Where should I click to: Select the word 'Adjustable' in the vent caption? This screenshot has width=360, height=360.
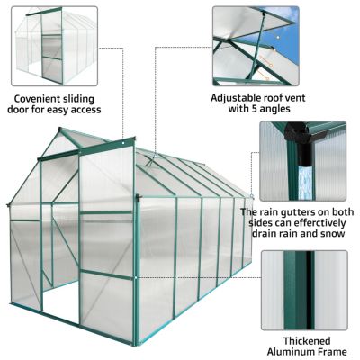point(239,96)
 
